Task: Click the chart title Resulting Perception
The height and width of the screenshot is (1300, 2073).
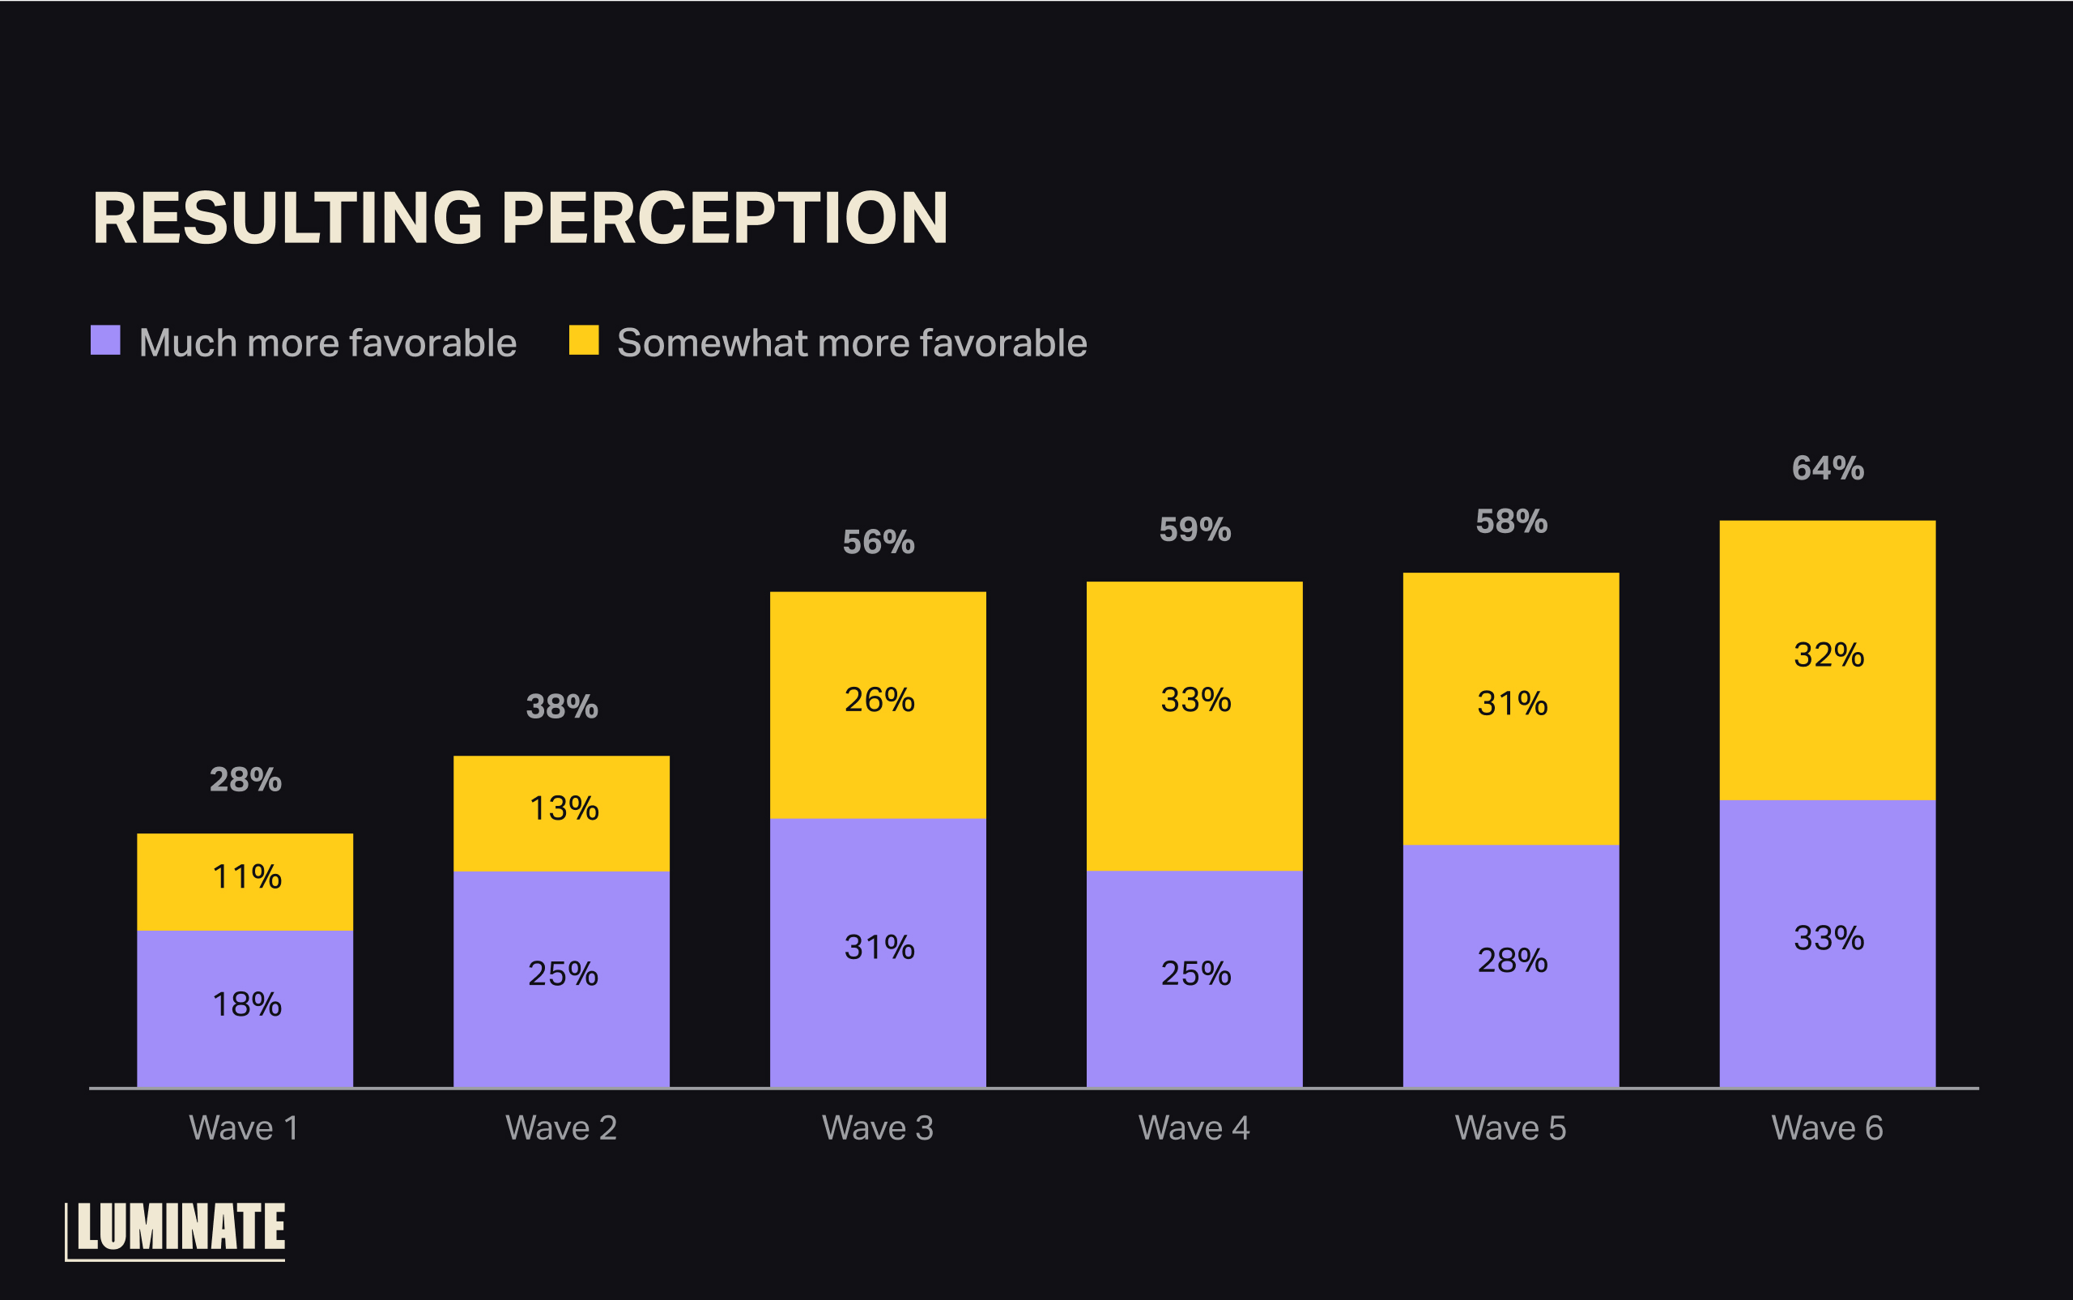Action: tap(520, 219)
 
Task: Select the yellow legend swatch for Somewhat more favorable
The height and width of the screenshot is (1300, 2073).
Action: tap(584, 340)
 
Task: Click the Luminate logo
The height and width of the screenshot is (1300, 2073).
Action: tap(177, 1230)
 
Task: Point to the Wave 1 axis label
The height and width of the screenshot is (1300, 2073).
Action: tap(244, 1128)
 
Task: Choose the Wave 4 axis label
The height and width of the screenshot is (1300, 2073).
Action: tap(1194, 1128)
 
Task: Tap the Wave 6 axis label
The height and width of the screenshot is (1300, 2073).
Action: tap(1827, 1128)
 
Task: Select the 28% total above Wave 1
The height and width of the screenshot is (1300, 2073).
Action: tap(245, 780)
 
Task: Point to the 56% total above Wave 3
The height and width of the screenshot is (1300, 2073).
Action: tap(879, 543)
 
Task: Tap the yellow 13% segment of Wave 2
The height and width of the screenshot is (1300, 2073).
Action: tap(561, 812)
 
